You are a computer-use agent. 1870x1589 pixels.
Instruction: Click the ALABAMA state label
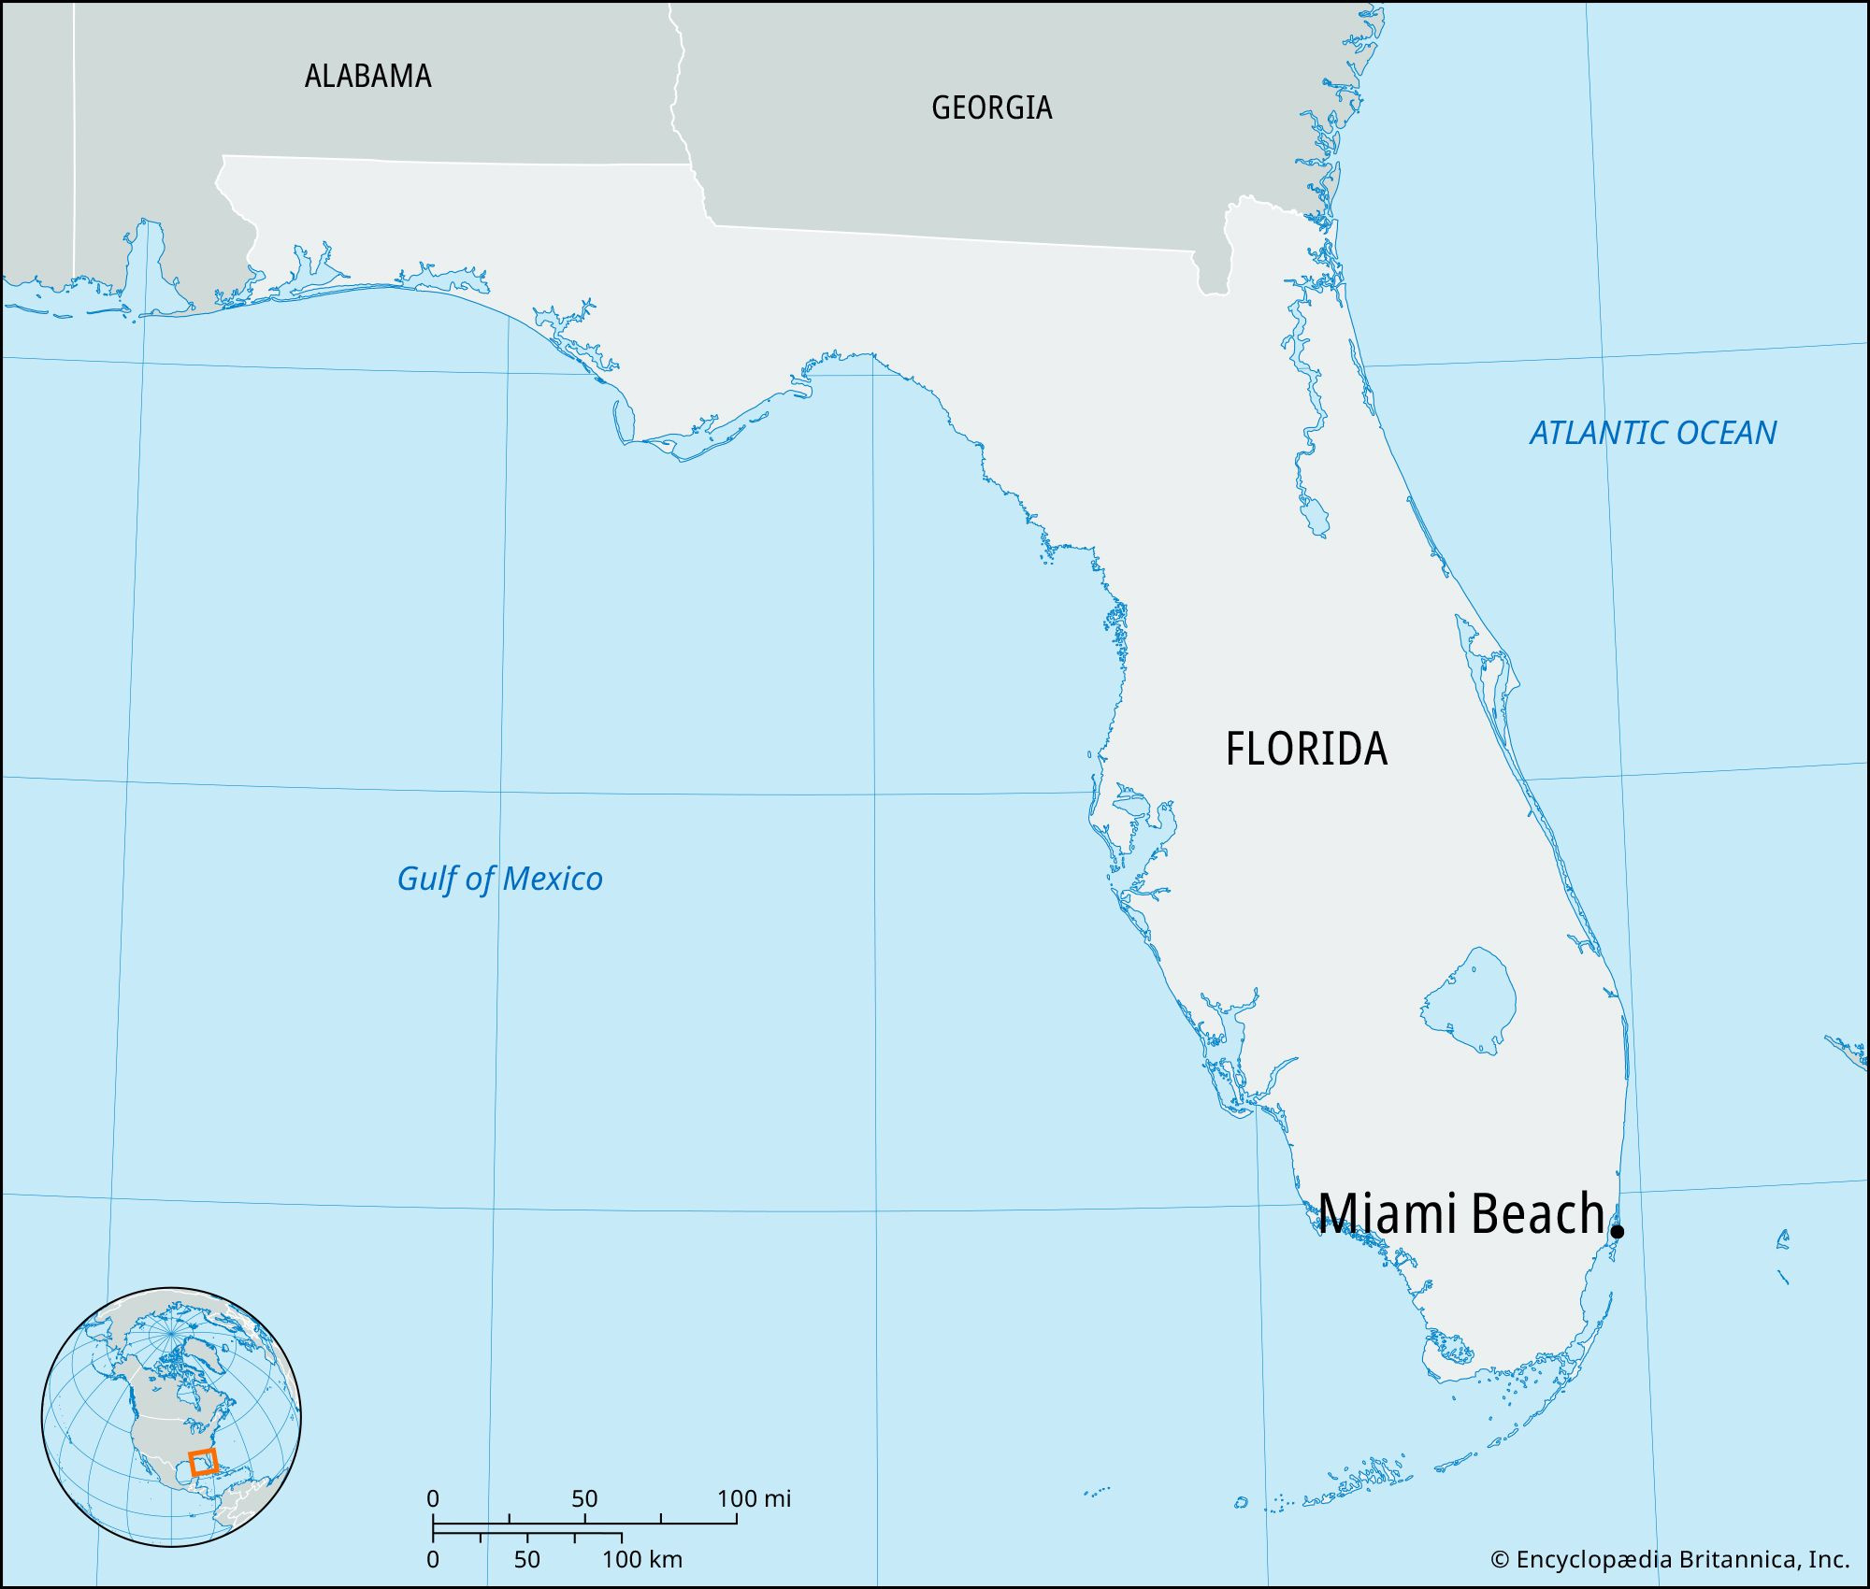point(367,76)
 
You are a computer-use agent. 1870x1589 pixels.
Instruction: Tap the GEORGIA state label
point(991,107)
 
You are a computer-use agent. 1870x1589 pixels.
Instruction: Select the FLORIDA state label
point(1306,749)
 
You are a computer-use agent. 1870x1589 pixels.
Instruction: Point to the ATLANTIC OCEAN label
point(1652,433)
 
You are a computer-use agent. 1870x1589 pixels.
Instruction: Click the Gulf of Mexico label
point(499,879)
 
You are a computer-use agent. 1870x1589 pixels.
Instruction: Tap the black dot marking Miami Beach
point(1617,1231)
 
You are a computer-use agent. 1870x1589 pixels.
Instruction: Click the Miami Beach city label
point(1461,1213)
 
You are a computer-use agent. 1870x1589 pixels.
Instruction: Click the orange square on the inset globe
point(203,1462)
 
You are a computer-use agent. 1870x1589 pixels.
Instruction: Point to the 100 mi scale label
point(754,1499)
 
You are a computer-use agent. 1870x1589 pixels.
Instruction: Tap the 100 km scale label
point(641,1560)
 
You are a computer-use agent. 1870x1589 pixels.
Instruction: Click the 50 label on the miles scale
point(584,1499)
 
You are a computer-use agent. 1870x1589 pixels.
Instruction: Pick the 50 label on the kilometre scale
point(526,1560)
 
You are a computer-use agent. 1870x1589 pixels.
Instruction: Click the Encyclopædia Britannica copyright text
point(1669,1559)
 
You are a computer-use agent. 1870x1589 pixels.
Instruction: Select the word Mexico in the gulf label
point(552,879)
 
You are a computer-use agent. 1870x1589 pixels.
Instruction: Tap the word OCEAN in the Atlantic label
point(1726,433)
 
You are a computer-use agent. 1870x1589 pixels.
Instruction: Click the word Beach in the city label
point(1537,1213)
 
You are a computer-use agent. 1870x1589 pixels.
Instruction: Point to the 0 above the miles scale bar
point(432,1499)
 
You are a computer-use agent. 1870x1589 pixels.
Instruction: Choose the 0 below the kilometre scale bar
point(432,1560)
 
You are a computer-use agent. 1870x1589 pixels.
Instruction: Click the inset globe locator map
point(171,1417)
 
